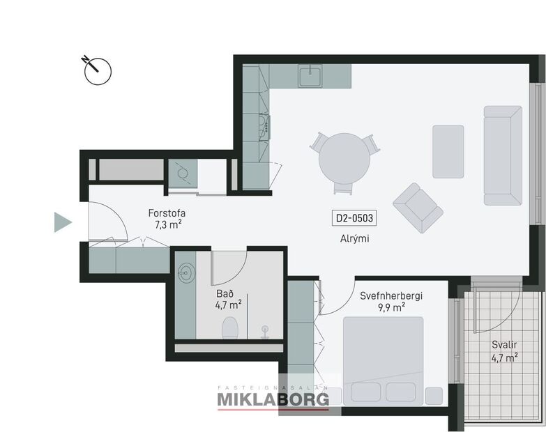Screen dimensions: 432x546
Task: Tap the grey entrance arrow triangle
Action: pyautogui.click(x=63, y=222)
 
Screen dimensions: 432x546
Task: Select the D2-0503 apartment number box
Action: pyautogui.click(x=355, y=218)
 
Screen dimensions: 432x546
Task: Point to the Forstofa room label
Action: pyautogui.click(x=167, y=213)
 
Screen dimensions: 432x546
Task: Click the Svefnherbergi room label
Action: pyautogui.click(x=391, y=295)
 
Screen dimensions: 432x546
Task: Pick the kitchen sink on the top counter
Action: pyautogui.click(x=310, y=75)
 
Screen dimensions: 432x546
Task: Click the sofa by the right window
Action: pyautogui.click(x=502, y=155)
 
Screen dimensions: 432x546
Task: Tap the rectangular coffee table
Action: pyautogui.click(x=448, y=151)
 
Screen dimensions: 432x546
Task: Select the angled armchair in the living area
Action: pyautogui.click(x=417, y=208)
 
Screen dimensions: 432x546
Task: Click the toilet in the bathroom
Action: pyautogui.click(x=229, y=327)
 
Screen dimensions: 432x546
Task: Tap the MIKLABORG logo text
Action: pyautogui.click(x=273, y=399)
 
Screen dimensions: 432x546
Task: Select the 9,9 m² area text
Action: pyautogui.click(x=391, y=307)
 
